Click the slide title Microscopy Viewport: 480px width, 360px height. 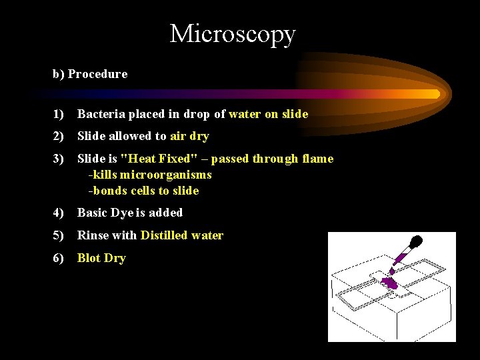[232, 33]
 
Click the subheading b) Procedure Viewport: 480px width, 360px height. [90, 74]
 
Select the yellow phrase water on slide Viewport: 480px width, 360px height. [268, 114]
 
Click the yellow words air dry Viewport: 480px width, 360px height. [189, 136]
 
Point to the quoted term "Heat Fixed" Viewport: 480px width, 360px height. [154, 159]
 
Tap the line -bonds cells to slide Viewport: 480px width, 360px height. [143, 191]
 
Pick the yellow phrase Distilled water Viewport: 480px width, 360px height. [181, 235]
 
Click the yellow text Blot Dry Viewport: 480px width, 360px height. [101, 258]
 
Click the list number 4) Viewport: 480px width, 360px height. [59, 213]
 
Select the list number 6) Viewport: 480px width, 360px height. [59, 258]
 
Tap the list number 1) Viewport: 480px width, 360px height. [59, 114]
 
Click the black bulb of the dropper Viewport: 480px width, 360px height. [416, 242]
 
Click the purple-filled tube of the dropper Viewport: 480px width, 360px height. [402, 257]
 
